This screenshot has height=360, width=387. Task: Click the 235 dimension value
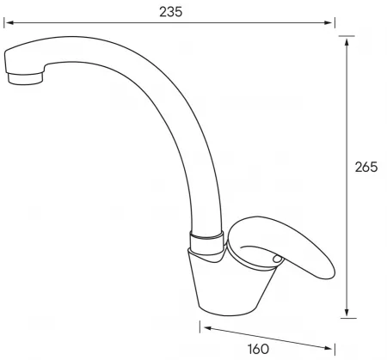(171, 12)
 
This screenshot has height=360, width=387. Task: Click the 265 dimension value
(366, 167)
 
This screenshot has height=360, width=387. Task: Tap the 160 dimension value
(258, 349)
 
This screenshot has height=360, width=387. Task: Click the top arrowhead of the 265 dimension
(347, 42)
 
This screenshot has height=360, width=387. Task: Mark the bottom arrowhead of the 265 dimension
(347, 312)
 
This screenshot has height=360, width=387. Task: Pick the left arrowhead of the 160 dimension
(207, 328)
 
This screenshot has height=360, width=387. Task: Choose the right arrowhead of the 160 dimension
(329, 348)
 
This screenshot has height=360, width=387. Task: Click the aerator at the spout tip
(26, 79)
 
